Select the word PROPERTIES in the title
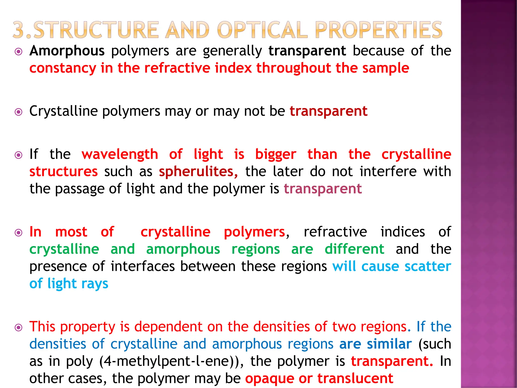tap(379, 30)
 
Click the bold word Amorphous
tap(67, 51)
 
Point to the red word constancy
tap(63, 68)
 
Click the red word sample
tap(385, 68)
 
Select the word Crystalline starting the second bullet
tap(63, 111)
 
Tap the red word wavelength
tap(120, 154)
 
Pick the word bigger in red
tap(276, 155)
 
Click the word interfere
tap(388, 172)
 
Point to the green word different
tap(354, 249)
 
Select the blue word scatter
tap(428, 266)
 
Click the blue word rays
tap(95, 284)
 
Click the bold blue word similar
tap(389, 344)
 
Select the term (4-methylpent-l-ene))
tap(171, 361)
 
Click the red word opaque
tap(270, 378)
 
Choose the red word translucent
tap(355, 378)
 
